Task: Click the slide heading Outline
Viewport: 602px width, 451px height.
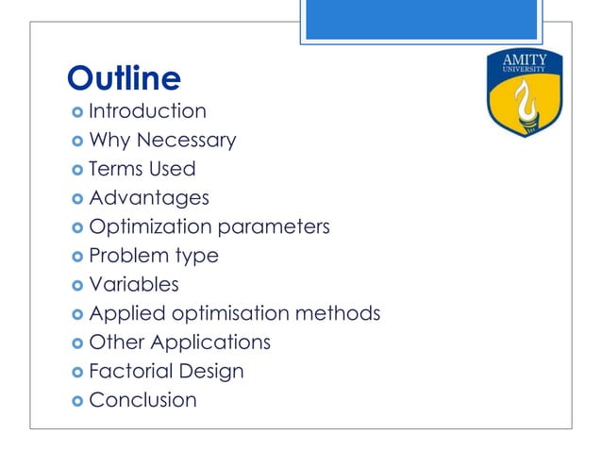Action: [124, 77]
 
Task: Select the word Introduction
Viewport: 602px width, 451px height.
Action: [147, 111]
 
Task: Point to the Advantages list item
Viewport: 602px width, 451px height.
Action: [149, 198]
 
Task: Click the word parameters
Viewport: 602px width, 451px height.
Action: [275, 227]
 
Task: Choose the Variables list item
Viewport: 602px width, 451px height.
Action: [134, 284]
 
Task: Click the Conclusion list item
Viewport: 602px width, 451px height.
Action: [142, 400]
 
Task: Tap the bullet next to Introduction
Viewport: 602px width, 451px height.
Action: [75, 112]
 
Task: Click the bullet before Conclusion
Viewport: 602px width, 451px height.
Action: [75, 401]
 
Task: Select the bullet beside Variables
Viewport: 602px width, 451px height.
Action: [75, 285]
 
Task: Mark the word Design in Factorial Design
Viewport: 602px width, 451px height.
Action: [217, 371]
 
